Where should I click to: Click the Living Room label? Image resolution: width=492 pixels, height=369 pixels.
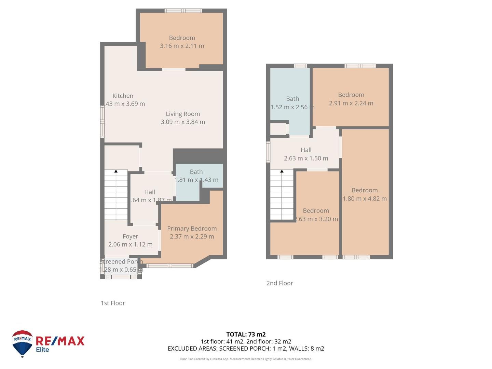183,114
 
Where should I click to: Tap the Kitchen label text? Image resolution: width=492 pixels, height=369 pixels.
123,96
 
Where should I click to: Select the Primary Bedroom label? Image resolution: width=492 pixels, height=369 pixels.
192,229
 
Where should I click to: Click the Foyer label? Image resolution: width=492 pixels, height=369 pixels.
130,236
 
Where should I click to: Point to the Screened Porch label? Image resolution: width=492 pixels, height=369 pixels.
121,262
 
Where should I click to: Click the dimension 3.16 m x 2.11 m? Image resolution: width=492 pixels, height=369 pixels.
182,46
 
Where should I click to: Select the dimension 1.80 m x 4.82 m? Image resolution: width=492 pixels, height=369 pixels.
365,199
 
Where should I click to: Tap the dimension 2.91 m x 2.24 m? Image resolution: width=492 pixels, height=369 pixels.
351,103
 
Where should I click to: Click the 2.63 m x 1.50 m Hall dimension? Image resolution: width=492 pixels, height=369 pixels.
306,158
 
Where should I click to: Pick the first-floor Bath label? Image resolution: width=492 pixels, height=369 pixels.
196,172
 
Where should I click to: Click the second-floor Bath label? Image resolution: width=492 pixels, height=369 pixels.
292,99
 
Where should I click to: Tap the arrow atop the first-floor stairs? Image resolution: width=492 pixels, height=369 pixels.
116,171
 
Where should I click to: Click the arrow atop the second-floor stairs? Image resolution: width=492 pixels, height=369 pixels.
282,171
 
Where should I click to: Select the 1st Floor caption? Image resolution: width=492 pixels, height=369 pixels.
113,303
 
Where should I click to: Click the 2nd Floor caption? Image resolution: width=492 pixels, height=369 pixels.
279,283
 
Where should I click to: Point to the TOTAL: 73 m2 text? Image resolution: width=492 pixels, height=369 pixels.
246,334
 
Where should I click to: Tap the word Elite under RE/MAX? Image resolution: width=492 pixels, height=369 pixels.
43,350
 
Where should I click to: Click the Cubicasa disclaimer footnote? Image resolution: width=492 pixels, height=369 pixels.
246,359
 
